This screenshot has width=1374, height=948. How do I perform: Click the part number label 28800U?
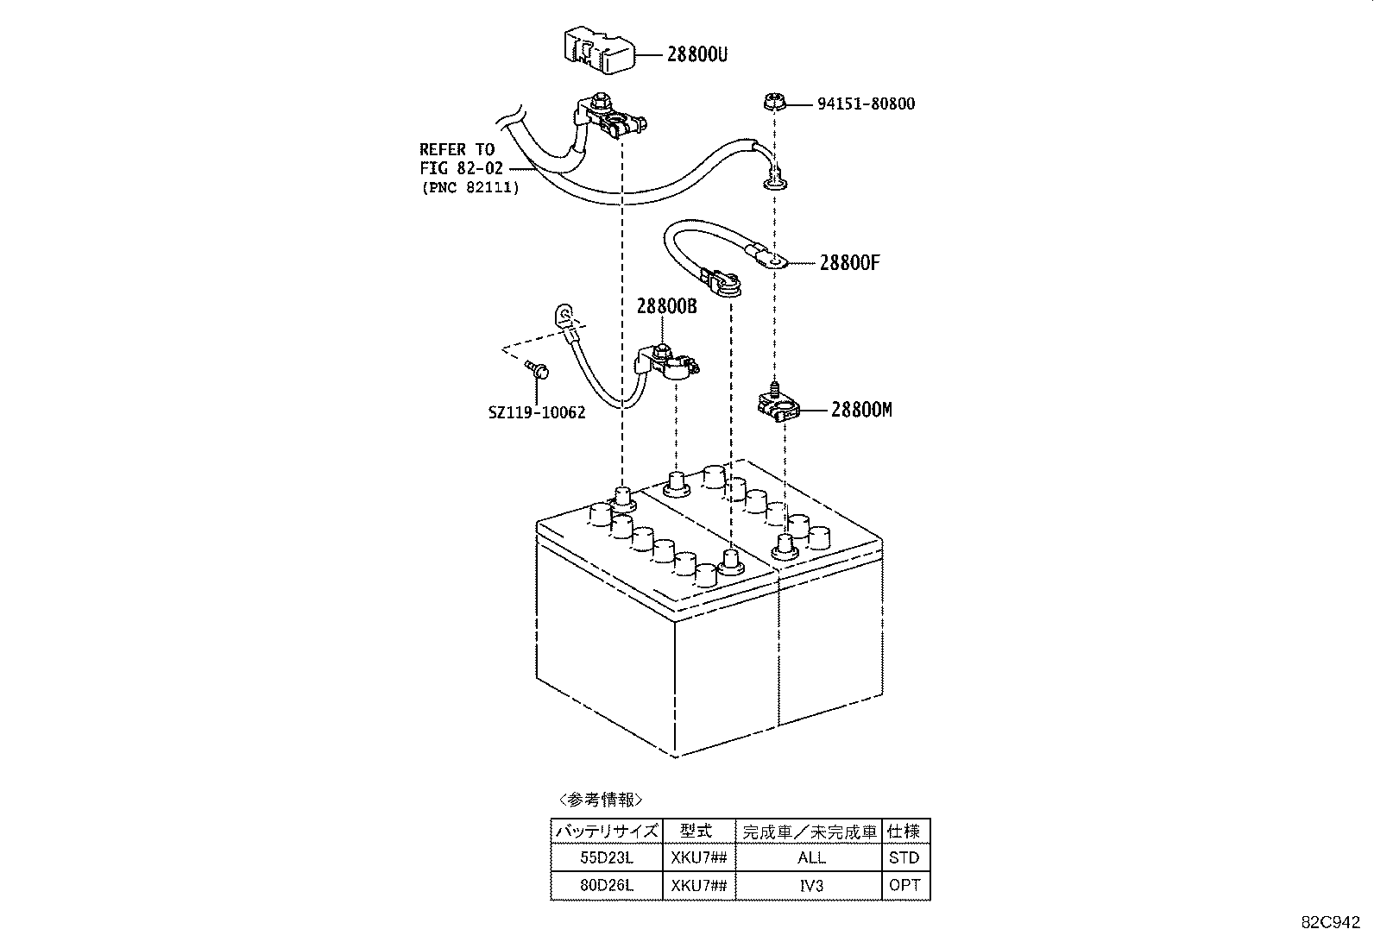696,53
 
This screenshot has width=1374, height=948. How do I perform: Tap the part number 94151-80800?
866,104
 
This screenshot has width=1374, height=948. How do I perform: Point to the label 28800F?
849,262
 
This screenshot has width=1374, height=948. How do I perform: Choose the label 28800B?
666,307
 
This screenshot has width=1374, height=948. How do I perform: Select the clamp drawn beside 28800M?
778,403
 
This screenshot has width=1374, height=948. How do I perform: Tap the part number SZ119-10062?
536,412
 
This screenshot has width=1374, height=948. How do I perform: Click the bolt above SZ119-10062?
536,372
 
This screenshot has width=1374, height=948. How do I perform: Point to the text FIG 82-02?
461,169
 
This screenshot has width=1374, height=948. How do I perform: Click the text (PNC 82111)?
470,187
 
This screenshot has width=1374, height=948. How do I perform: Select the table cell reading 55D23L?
606,857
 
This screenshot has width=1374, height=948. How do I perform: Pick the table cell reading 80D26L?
606,885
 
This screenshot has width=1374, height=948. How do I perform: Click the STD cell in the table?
904,857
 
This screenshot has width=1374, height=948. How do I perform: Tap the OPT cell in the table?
904,885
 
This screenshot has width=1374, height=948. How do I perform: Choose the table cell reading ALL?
811,857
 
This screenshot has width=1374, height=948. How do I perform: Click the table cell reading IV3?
811,885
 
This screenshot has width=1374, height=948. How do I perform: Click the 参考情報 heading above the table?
601,799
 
